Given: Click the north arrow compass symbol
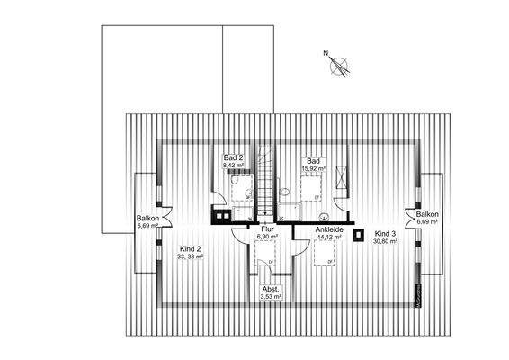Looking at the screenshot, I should [339, 64].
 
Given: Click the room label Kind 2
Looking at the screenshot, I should [190, 248].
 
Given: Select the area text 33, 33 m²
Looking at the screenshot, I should [192, 257].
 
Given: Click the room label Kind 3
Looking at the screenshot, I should [385, 231].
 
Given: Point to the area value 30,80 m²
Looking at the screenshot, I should [386, 240].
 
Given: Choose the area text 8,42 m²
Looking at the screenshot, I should [234, 166].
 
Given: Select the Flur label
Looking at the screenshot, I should [267, 229].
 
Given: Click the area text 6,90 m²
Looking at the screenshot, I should [267, 238].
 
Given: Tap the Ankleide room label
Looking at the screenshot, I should [327, 229].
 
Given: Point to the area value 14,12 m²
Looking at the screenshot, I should [327, 238].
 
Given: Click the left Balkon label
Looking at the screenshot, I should [148, 218].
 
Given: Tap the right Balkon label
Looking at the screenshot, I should [427, 214].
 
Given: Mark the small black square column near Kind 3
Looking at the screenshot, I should [359, 236].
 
